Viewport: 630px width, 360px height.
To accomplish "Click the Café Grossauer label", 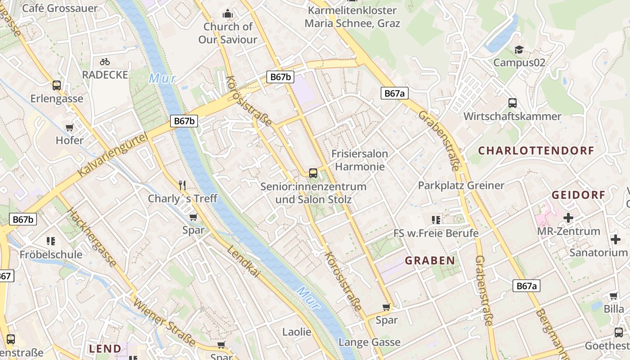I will pos(59,8).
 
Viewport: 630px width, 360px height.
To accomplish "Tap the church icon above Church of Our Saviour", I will pos(228,14).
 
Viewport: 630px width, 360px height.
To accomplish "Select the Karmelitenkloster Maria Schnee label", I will pos(352,17).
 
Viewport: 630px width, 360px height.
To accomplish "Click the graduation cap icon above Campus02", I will pos(519,49).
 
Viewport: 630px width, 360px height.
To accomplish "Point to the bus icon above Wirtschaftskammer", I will pos(512,103).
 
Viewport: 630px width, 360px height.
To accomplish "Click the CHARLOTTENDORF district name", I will pos(536,151).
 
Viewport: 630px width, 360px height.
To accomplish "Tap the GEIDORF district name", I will pos(578,195).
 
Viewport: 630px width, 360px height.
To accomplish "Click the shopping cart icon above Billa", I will pos(613,296).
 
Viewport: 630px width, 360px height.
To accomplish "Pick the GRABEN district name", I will pos(430,261).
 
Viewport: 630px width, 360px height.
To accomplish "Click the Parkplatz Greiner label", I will pos(461,185).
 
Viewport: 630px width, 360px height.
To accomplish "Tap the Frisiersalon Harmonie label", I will pos(360,160).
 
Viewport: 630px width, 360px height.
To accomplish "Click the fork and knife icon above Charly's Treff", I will pos(182,185).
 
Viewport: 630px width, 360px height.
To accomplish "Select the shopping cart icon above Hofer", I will pos(69,128).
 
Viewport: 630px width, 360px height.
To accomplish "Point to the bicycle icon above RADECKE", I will pos(105,62).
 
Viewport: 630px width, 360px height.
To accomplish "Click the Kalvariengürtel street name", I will pos(112,155).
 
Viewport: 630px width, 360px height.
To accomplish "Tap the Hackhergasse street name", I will pos(91,237).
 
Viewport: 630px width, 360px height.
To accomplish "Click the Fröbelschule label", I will pos(51,255).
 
